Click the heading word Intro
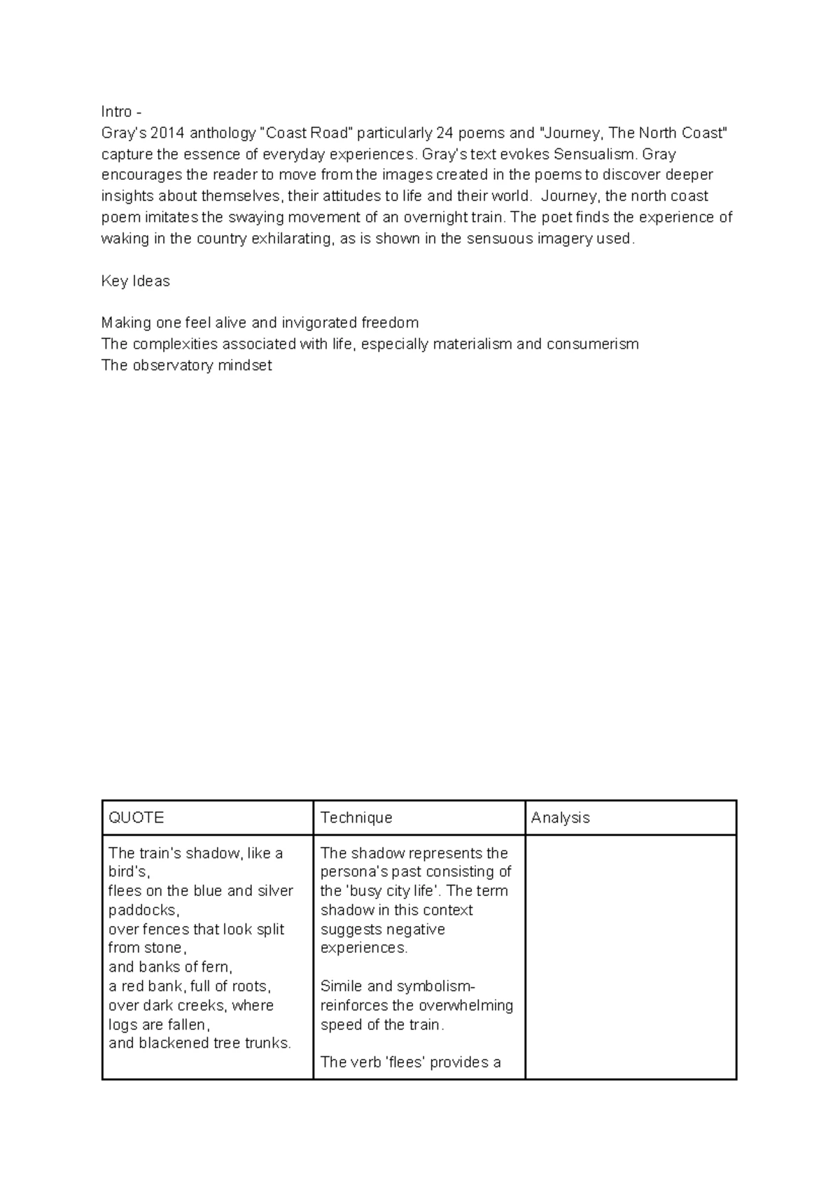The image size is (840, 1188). click(x=116, y=112)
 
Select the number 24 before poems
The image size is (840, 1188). click(x=444, y=133)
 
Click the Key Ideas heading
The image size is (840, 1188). click(x=135, y=281)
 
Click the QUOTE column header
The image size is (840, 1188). click(x=136, y=818)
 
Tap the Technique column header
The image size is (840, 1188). click(x=356, y=818)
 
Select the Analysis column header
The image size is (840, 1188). click(x=560, y=818)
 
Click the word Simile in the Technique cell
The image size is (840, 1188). click(x=342, y=986)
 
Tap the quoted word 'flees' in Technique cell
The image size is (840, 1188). click(x=407, y=1063)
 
